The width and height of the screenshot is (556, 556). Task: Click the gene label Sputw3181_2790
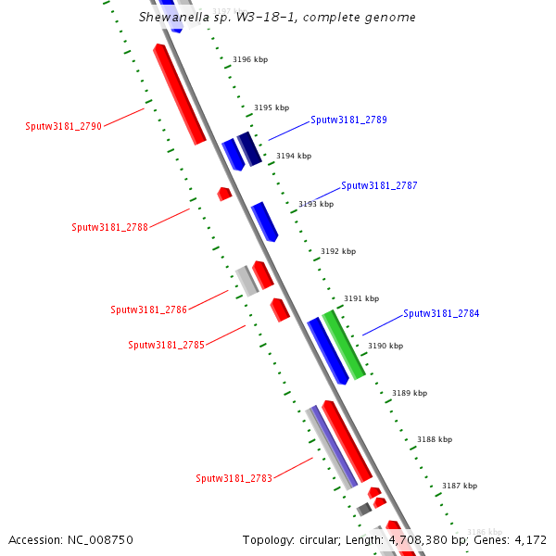64,126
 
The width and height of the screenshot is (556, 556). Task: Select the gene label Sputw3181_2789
348,120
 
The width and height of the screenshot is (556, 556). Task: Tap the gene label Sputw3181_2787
379,185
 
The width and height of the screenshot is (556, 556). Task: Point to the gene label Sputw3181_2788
109,227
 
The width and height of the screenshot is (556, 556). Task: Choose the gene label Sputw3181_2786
148,310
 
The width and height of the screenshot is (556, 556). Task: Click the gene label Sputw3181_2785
166,345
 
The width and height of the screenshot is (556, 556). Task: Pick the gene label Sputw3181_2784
441,313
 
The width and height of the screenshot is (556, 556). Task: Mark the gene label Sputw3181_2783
234,478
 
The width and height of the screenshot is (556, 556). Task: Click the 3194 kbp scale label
293,156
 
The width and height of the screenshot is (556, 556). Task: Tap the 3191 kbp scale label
361,298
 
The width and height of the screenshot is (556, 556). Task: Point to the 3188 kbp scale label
435,439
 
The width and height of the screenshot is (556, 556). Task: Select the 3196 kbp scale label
249,59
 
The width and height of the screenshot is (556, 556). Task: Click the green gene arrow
343,345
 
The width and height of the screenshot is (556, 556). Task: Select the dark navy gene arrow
249,149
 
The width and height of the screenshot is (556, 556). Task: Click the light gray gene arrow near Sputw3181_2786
246,280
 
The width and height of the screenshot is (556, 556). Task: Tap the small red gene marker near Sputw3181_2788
224,194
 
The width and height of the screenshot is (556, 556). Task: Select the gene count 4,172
527,539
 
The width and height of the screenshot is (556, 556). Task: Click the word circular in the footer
342,539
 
